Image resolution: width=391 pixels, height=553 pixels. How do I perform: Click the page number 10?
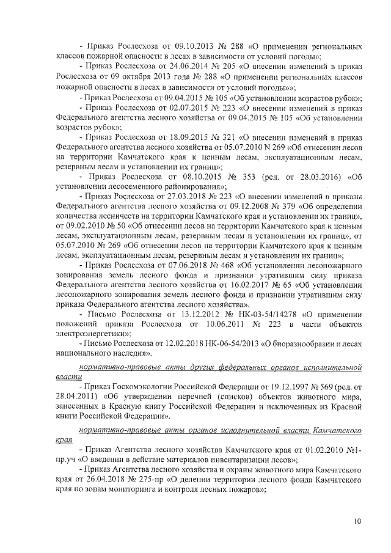pyautogui.click(x=356, y=521)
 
